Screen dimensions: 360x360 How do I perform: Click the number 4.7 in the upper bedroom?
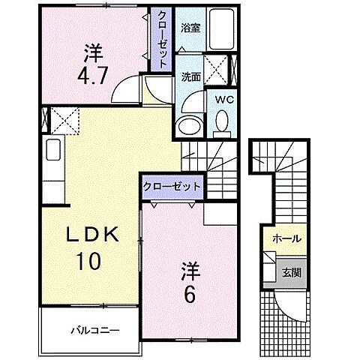coord(94,66)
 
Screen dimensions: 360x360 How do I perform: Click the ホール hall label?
coord(287,238)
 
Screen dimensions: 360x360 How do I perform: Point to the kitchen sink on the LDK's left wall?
coord(53,150)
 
